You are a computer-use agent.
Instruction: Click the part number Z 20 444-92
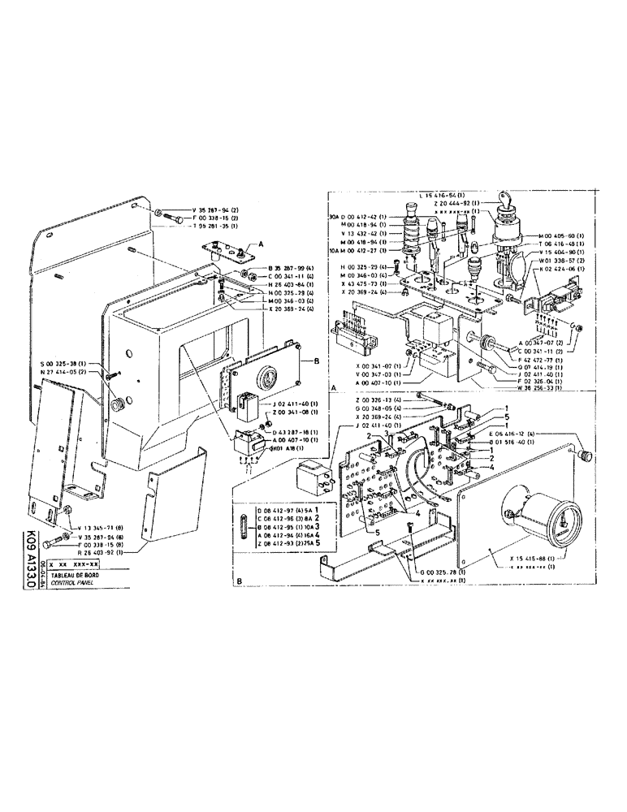point(449,203)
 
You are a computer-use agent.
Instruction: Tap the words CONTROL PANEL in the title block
point(72,583)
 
